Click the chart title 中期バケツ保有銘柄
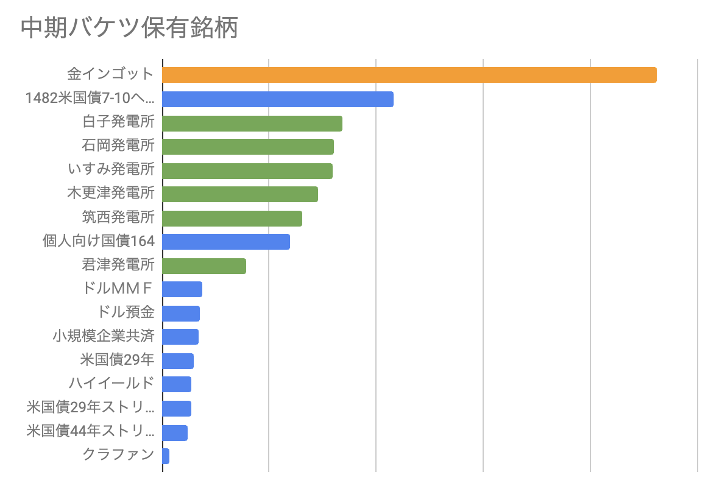pos(130,27)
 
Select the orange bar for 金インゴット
pos(409,75)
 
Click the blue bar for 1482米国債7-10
pos(278,99)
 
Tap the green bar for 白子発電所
pos(252,123)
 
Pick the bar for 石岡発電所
pos(249,147)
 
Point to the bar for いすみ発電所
pos(247,171)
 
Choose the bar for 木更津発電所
pos(240,194)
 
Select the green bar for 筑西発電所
pos(232,219)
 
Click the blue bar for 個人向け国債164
pos(226,242)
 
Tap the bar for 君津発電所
pos(204,266)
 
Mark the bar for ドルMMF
pos(182,289)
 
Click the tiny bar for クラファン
pos(166,456)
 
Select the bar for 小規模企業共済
pos(180,337)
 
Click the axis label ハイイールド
pos(112,383)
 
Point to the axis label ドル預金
pos(126,312)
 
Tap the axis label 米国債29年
pos(118,360)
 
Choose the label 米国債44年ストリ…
pos(90,431)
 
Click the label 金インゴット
pos(111,74)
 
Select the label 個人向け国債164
pos(99,241)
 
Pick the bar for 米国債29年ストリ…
pos(177,409)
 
